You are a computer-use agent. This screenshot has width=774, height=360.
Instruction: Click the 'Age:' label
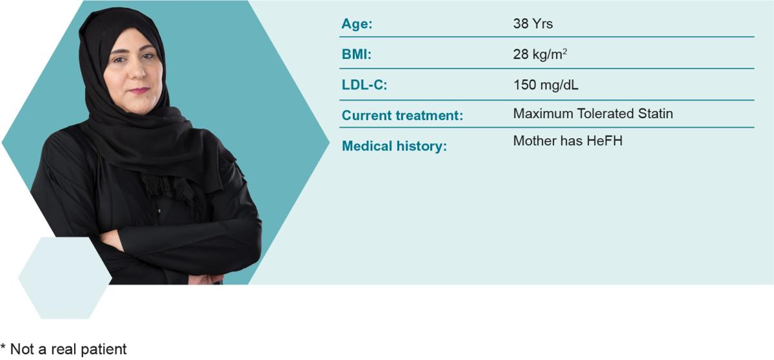[357, 24]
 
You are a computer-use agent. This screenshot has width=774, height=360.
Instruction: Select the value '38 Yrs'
[533, 24]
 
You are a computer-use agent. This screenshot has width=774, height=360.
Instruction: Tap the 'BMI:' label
[356, 55]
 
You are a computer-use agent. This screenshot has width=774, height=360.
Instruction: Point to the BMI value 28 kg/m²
[540, 55]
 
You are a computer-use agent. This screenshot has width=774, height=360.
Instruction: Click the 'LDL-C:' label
[364, 85]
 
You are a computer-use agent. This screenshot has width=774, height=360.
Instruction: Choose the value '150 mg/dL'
[546, 85]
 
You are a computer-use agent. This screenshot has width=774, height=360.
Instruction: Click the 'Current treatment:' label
[402, 115]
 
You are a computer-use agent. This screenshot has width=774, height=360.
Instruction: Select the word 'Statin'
[655, 114]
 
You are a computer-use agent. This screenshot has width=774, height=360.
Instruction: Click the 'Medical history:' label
[394, 146]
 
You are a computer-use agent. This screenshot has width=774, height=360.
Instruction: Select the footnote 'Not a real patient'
[68, 349]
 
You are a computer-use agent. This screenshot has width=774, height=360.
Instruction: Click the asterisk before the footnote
[3, 346]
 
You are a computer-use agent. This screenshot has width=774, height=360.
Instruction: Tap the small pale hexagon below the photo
[65, 278]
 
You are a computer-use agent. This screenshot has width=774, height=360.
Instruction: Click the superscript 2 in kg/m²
[564, 51]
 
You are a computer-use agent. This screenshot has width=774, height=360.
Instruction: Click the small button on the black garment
[159, 210]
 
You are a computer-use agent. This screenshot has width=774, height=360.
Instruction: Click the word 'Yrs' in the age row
[542, 24]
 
